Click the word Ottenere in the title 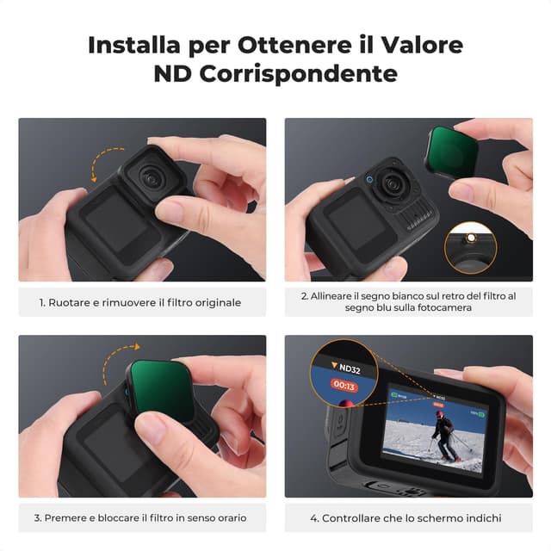point(294,46)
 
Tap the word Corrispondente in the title point(299,74)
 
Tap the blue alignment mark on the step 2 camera point(369,180)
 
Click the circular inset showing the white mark point(471,247)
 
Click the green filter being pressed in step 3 point(162,390)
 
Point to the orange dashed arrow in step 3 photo point(116,361)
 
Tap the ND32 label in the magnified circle point(346,368)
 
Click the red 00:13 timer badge point(344,386)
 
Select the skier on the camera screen point(446,436)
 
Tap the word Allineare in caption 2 point(331,296)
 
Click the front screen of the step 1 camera point(115,222)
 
